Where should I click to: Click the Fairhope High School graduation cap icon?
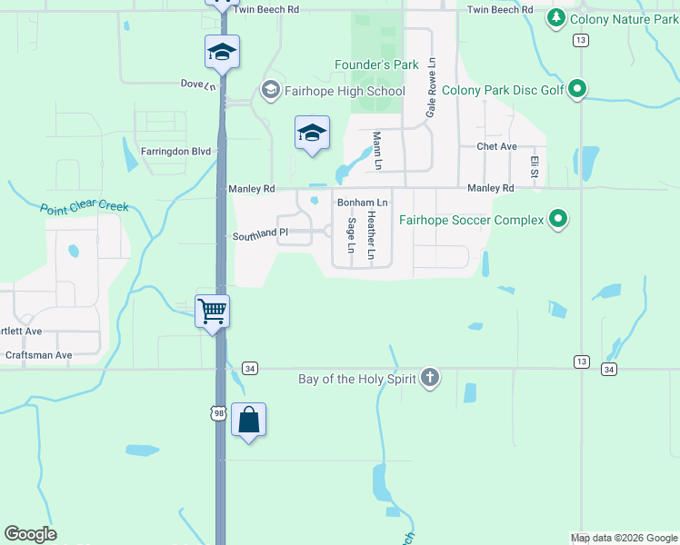270,91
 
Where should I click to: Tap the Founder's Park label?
376,64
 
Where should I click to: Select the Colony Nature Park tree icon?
556,18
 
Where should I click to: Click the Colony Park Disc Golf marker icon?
576,90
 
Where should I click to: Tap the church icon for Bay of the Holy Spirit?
429,377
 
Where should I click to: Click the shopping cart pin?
213,312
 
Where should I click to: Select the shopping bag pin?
248,420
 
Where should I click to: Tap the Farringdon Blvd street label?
175,151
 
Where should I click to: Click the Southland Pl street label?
260,233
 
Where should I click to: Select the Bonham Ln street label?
363,202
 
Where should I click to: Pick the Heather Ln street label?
371,235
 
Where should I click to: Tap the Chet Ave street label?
496,146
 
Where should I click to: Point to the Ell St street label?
535,166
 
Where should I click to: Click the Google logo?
30,534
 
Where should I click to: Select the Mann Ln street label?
376,151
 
